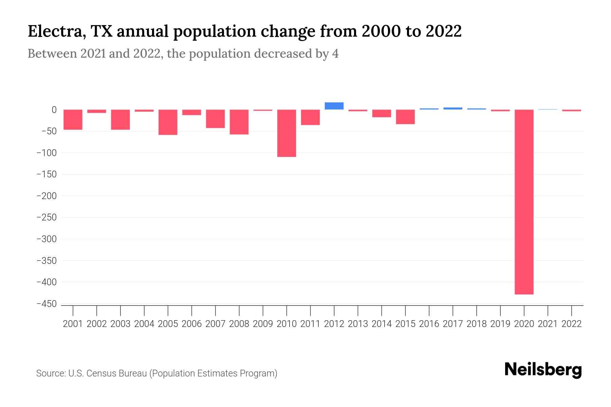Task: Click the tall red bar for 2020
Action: click(524, 202)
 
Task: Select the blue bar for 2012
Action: click(334, 106)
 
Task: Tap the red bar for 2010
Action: click(286, 133)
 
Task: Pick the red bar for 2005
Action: click(168, 122)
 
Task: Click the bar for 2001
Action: click(73, 119)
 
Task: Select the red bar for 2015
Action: click(405, 117)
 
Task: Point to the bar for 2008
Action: click(239, 122)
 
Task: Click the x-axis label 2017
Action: click(453, 324)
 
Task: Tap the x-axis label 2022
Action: click(572, 324)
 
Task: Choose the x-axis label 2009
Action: click(263, 324)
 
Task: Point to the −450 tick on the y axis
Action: click(47, 304)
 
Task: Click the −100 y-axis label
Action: click(47, 153)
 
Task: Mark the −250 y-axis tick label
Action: click(47, 217)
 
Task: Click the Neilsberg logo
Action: click(543, 370)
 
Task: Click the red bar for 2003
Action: click(120, 119)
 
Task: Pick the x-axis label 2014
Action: click(382, 324)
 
